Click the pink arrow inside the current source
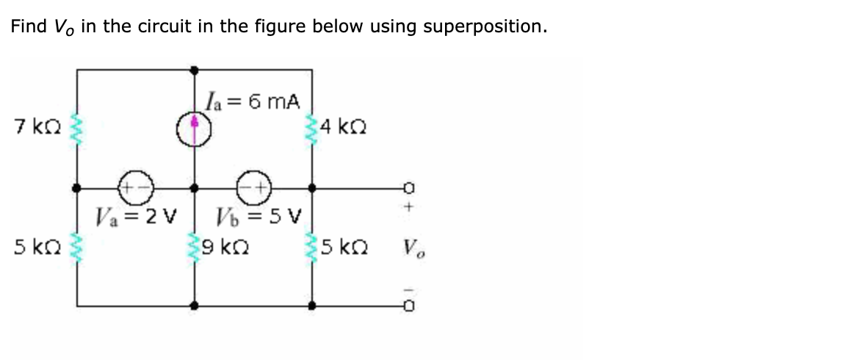[195, 129]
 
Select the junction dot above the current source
[195, 70]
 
